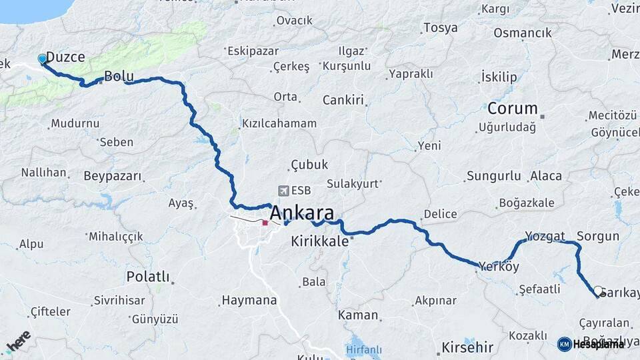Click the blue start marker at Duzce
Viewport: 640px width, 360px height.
(43, 59)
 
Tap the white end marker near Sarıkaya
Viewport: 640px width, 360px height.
(598, 291)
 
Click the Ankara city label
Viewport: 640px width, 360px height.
(302, 213)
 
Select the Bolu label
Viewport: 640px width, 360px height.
(119, 77)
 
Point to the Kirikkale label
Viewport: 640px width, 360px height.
(320, 241)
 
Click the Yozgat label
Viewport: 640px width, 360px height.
(545, 236)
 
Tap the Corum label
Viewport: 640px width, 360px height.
(513, 108)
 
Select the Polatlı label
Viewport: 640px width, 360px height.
(148, 276)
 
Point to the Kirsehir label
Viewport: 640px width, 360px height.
(467, 347)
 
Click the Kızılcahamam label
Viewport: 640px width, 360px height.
(279, 124)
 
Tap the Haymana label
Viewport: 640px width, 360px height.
(249, 301)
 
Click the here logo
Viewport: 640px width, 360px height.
(18, 341)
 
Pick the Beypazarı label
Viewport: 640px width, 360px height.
(113, 177)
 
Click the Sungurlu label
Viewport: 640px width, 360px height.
(493, 177)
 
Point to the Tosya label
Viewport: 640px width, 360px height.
(441, 28)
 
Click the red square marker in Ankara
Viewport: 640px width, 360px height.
(265, 223)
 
